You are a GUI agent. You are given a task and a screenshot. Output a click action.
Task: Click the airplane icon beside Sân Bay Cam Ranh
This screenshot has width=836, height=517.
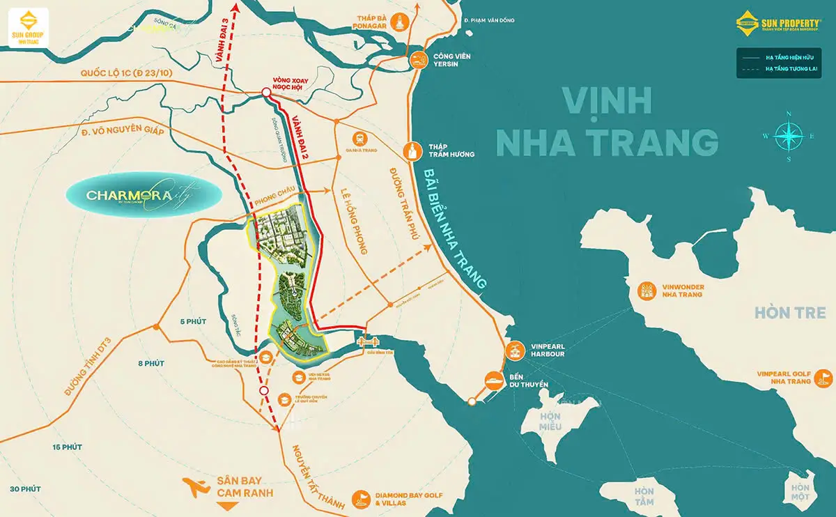[x=196, y=486]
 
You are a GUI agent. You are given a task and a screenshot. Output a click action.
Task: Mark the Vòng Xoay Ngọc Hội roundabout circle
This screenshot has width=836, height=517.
[x=266, y=93]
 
